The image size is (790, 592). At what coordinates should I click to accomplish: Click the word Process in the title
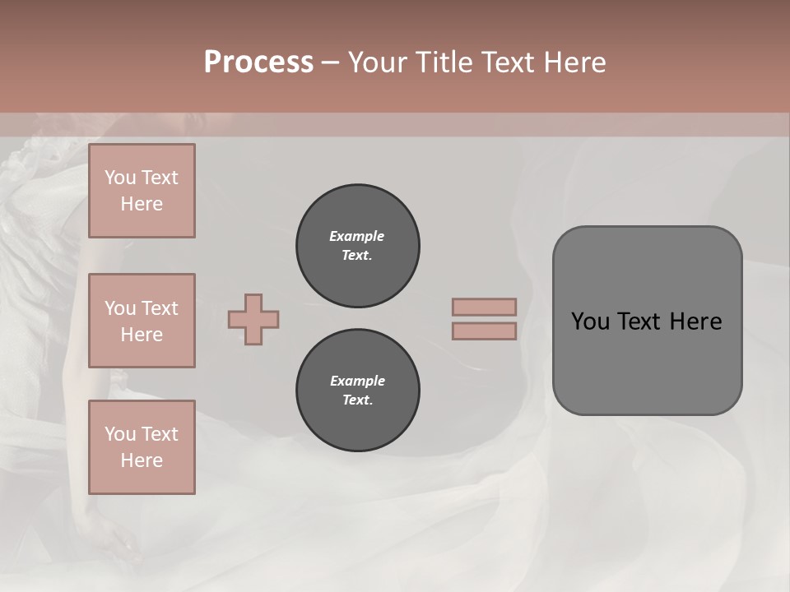click(x=258, y=62)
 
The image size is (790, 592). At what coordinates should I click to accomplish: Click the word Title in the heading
click(x=444, y=62)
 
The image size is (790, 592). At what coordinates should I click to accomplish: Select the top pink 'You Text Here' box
click(x=142, y=191)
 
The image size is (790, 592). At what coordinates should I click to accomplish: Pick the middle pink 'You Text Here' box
click(x=142, y=321)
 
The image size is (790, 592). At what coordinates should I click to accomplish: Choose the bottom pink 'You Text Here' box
click(x=142, y=447)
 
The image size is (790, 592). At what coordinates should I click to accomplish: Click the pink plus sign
click(x=253, y=319)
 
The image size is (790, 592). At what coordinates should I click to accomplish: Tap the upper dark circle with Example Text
click(x=357, y=246)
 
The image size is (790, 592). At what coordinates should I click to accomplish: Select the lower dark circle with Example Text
click(x=357, y=391)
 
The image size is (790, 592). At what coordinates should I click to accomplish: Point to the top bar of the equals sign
click(x=484, y=307)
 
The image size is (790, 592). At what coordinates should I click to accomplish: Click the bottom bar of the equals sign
click(x=484, y=331)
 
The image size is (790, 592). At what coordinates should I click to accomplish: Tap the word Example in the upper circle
click(x=357, y=236)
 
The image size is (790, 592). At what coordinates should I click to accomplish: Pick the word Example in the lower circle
click(x=357, y=381)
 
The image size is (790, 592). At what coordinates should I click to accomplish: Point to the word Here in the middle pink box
click(x=142, y=335)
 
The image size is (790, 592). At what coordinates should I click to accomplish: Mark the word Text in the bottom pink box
click(x=159, y=434)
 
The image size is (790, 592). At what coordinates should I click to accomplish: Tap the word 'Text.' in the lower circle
click(x=357, y=400)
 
